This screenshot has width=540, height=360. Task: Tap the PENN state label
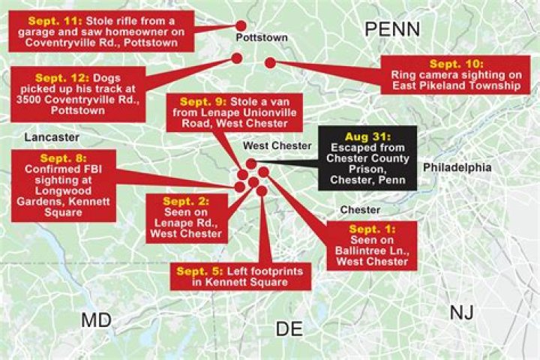tap(392, 29)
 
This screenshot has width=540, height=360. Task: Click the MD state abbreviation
tap(96, 320)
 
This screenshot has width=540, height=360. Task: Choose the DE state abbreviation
tap(290, 328)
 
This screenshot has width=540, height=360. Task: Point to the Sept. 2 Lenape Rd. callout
tap(186, 217)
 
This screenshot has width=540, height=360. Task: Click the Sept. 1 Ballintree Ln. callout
tap(372, 245)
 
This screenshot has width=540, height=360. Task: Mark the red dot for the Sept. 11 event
tap(241, 25)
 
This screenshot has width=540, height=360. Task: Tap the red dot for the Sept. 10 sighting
tap(270, 64)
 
